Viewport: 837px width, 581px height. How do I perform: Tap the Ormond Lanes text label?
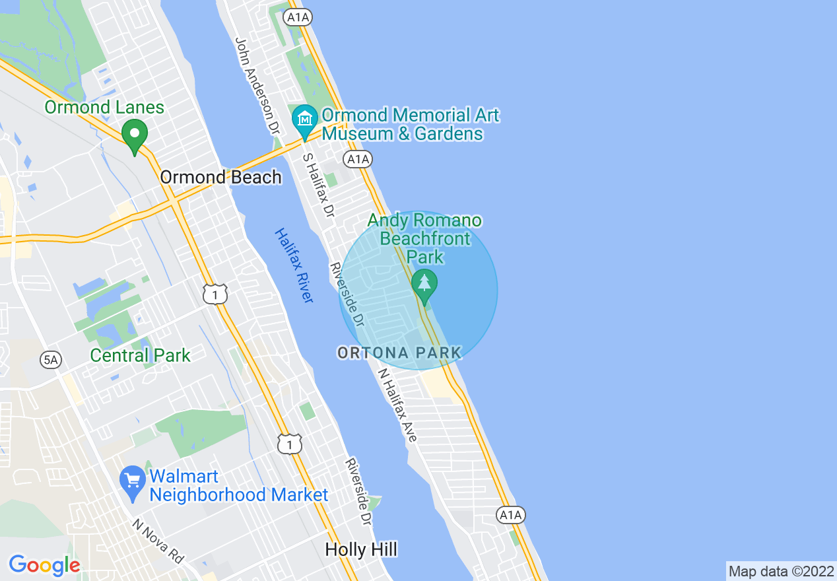pos(104,107)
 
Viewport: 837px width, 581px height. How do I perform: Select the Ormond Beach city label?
pos(220,177)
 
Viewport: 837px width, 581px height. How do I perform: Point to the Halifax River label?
pos(293,265)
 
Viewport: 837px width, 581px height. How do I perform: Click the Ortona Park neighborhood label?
pos(399,353)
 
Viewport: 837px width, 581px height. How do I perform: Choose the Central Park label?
pos(140,355)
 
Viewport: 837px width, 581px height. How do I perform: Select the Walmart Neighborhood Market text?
pos(238,485)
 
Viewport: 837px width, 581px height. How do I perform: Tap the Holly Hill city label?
pos(362,549)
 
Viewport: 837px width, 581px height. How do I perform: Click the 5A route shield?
pos(51,360)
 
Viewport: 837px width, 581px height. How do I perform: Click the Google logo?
pos(44,565)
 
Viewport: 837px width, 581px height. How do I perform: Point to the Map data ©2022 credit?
pos(781,571)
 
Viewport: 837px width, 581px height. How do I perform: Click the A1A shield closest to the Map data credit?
pos(510,516)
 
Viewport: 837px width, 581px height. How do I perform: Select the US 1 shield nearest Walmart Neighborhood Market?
pos(289,444)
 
